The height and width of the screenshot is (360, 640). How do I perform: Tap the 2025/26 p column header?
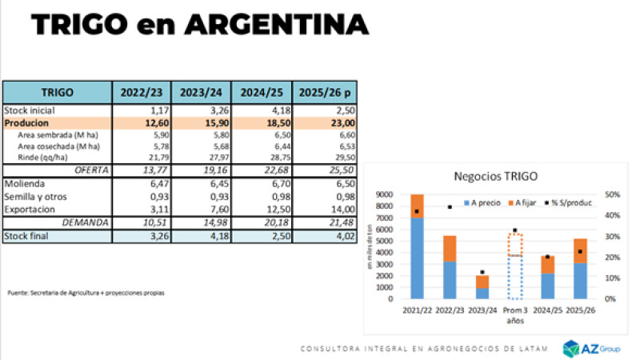(325, 92)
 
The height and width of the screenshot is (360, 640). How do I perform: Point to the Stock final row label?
(28, 236)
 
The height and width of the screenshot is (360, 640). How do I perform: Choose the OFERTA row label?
(91, 170)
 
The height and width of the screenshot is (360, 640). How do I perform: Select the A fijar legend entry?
(512, 203)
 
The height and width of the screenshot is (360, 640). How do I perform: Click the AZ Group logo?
(593, 347)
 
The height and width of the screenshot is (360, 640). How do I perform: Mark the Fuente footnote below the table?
(86, 292)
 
